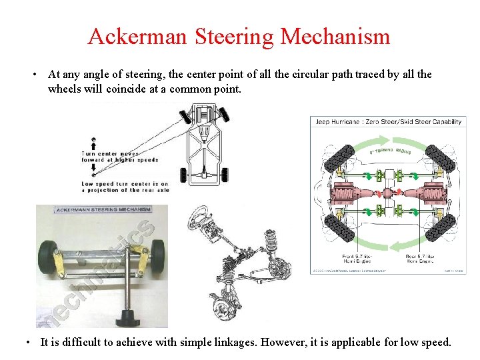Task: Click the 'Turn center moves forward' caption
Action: [120, 157]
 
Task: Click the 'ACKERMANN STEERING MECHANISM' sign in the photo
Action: [103, 210]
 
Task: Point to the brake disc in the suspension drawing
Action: [221, 308]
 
